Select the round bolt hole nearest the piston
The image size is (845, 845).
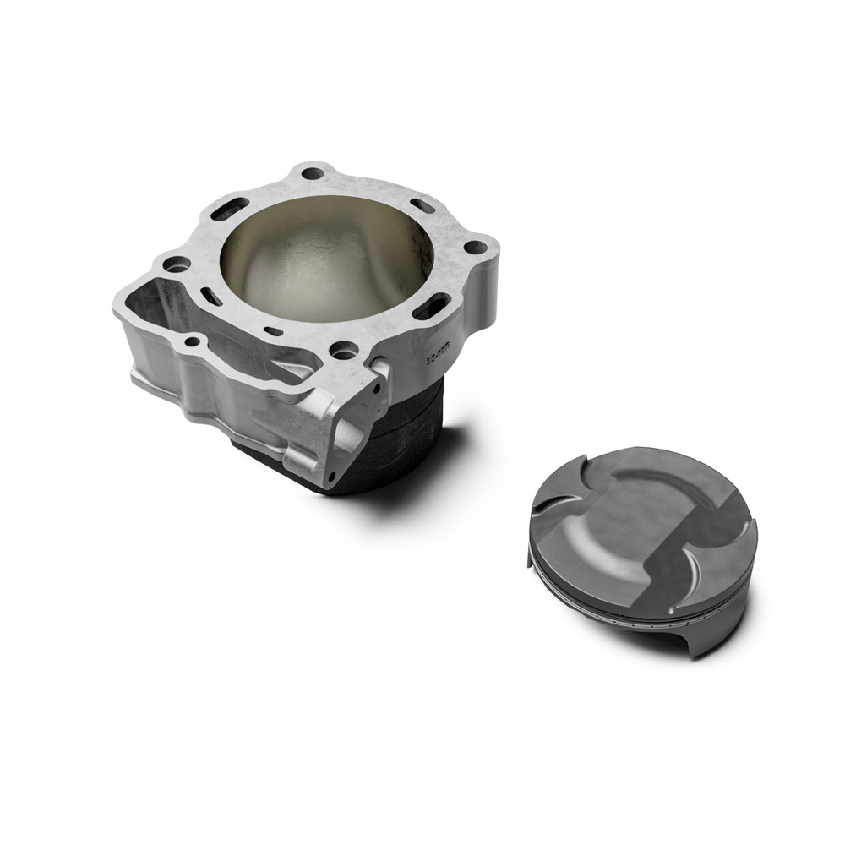coord(476,248)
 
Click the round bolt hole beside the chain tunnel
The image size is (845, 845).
coord(177,264)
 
